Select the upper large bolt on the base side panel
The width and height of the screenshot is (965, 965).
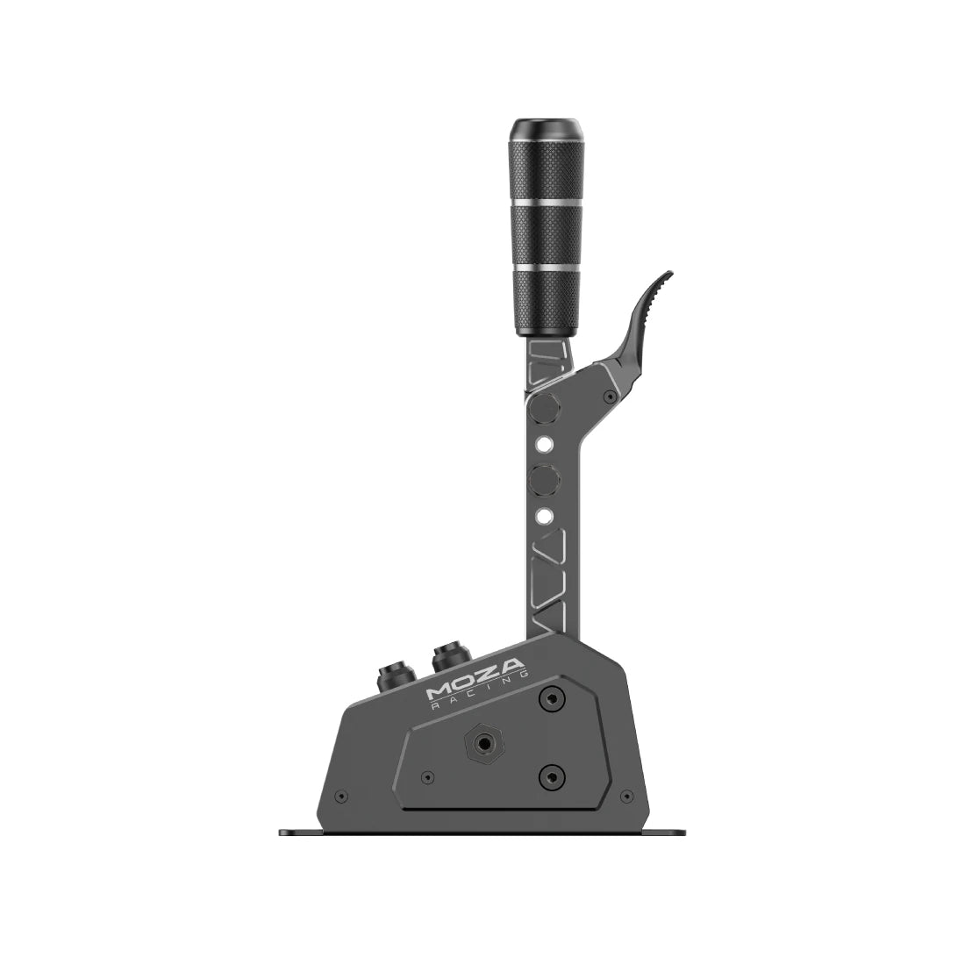tap(551, 699)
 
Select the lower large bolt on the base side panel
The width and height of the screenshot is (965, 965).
tap(551, 776)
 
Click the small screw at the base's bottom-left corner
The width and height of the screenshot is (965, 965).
tap(341, 797)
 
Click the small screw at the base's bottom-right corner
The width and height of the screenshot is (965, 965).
tap(625, 797)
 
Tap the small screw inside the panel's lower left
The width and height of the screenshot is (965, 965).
tap(427, 777)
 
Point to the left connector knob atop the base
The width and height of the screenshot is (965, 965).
tap(392, 676)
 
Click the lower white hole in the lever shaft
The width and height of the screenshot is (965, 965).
tap(544, 515)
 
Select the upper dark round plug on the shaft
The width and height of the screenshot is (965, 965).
tap(544, 408)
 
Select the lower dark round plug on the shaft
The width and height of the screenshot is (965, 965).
tap(544, 479)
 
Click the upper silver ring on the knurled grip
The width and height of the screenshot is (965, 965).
tap(546, 203)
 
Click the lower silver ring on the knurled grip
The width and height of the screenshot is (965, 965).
tap(546, 267)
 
